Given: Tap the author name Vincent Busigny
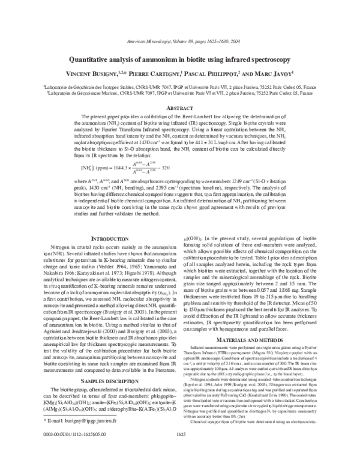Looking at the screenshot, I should (88, 77).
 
